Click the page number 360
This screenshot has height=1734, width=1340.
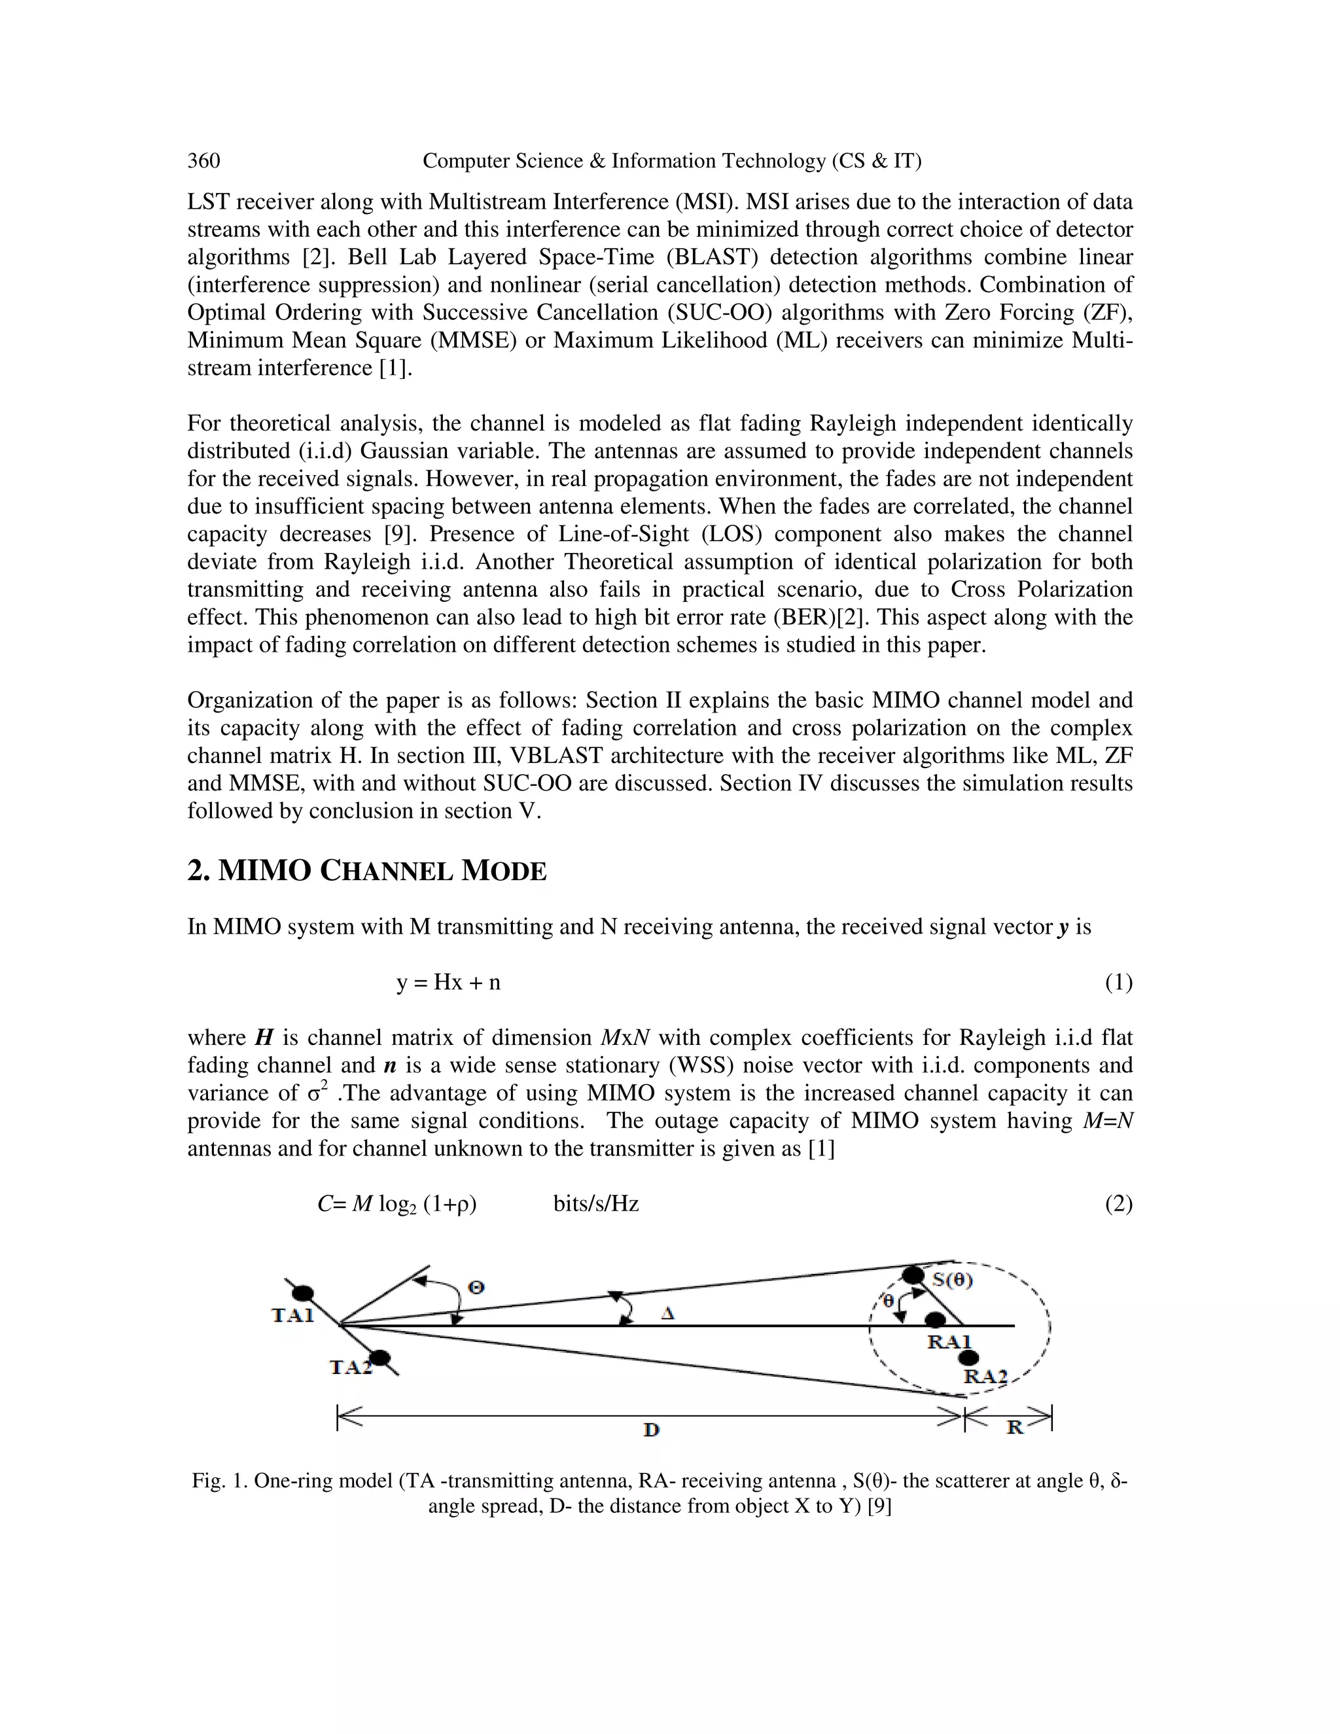pos(203,161)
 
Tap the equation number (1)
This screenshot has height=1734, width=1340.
pos(1118,983)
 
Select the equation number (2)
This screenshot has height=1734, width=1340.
pos(1118,1205)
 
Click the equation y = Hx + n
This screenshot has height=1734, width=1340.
pos(448,983)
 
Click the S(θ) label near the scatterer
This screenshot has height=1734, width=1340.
pos(953,1279)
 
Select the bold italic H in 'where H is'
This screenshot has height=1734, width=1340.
pos(264,1038)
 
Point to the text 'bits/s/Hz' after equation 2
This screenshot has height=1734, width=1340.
pos(596,1205)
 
